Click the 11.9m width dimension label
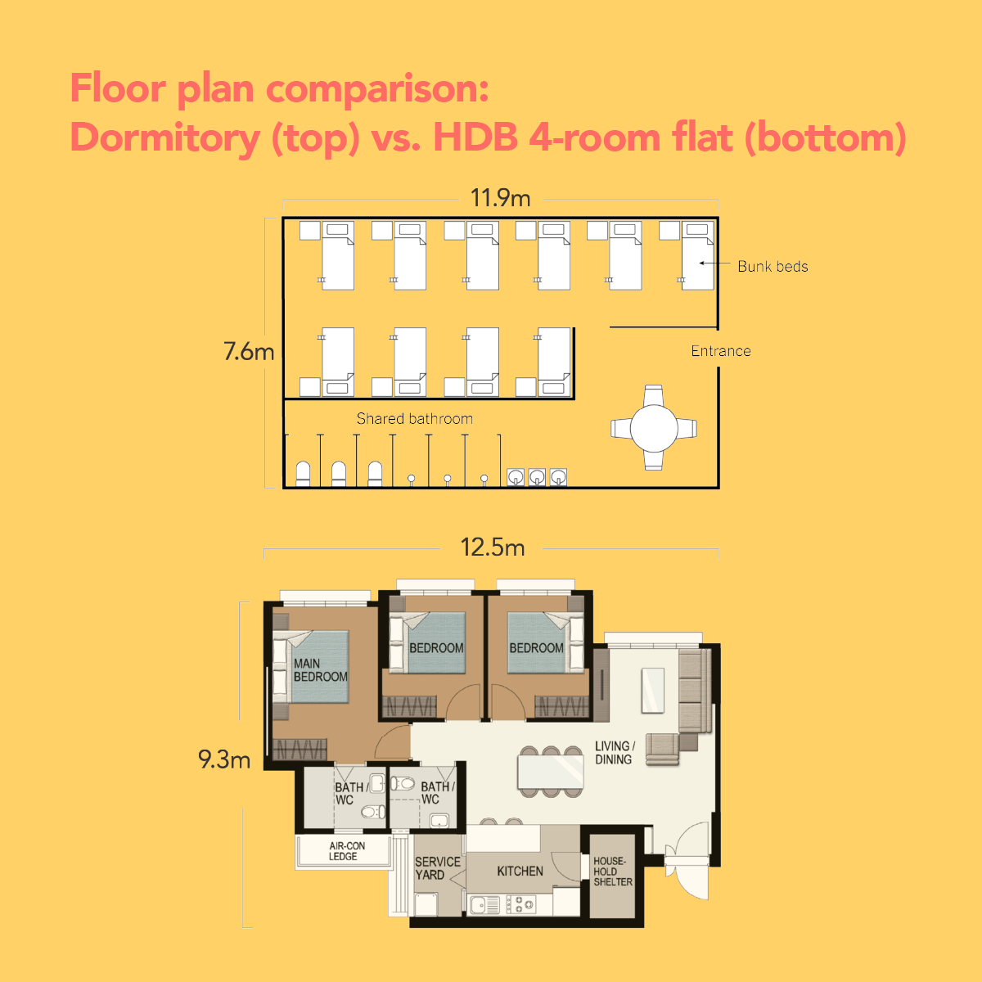[x=500, y=198]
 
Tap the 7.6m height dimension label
[x=249, y=352]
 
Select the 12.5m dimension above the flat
[x=493, y=547]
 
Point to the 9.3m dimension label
[x=224, y=759]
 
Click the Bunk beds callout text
[x=773, y=267]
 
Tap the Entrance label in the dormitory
[x=720, y=351]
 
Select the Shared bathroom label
[x=414, y=418]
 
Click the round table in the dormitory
[x=654, y=428]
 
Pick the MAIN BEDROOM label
[x=320, y=670]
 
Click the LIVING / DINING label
[x=615, y=753]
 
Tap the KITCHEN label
[x=520, y=872]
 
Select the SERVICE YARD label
[x=437, y=868]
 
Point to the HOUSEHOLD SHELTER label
[x=613, y=872]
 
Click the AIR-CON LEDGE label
[x=346, y=851]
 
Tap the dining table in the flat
[x=551, y=772]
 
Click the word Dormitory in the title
[x=164, y=137]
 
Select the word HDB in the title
[x=475, y=137]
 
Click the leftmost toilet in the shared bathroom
[x=303, y=474]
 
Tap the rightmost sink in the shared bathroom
[x=558, y=476]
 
